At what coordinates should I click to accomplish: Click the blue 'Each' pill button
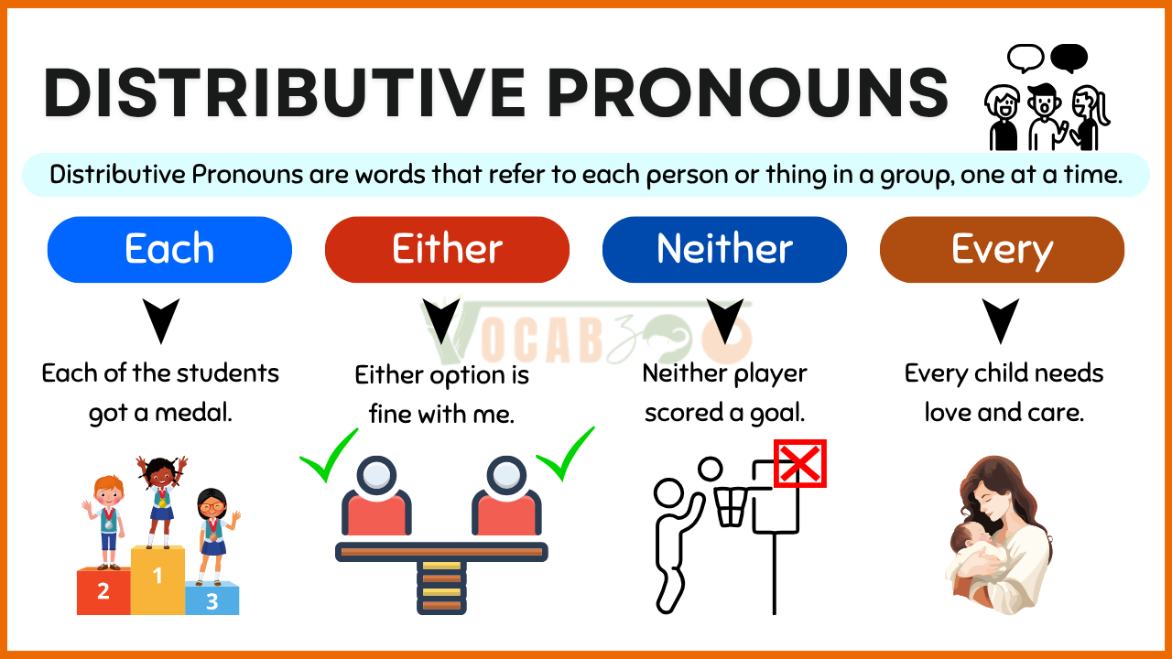coord(169,250)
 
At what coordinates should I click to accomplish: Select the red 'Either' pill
coord(447,250)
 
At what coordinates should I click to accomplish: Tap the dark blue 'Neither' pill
coord(724,250)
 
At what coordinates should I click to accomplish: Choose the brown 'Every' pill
coord(1002,250)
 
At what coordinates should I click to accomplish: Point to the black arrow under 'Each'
coord(161,320)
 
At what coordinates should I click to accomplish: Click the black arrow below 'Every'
coord(1001,320)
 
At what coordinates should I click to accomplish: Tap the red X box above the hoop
coord(800,463)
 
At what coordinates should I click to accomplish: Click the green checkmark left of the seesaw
coord(329,455)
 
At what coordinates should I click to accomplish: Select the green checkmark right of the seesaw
coord(565,454)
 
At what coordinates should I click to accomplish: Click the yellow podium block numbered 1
coord(157,580)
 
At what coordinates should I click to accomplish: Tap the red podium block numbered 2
coord(103,591)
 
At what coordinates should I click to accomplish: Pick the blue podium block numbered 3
coord(212,600)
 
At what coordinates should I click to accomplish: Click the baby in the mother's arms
coord(974,552)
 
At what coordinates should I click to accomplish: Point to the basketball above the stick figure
coord(710,469)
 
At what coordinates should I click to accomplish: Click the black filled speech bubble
coord(1069,58)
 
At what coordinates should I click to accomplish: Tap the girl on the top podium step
coord(161,501)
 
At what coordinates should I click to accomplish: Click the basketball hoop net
coord(731,507)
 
